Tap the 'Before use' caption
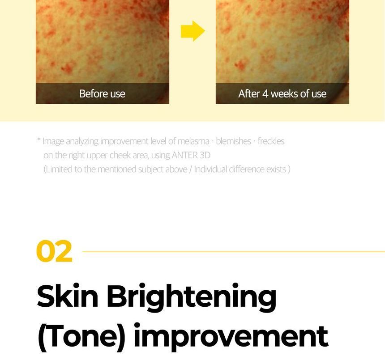[x=102, y=93]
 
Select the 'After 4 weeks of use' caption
[x=282, y=93]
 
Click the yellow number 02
[x=54, y=251]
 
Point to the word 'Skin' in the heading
[x=68, y=296]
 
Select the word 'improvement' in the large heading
[x=231, y=338]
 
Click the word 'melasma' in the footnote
[x=193, y=141]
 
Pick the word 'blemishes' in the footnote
[x=234, y=141]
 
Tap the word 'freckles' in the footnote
[x=271, y=141]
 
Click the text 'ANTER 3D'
[x=191, y=155]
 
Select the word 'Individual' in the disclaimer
[x=210, y=169]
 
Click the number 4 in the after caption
[x=265, y=93]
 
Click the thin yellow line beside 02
[x=234, y=252]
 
